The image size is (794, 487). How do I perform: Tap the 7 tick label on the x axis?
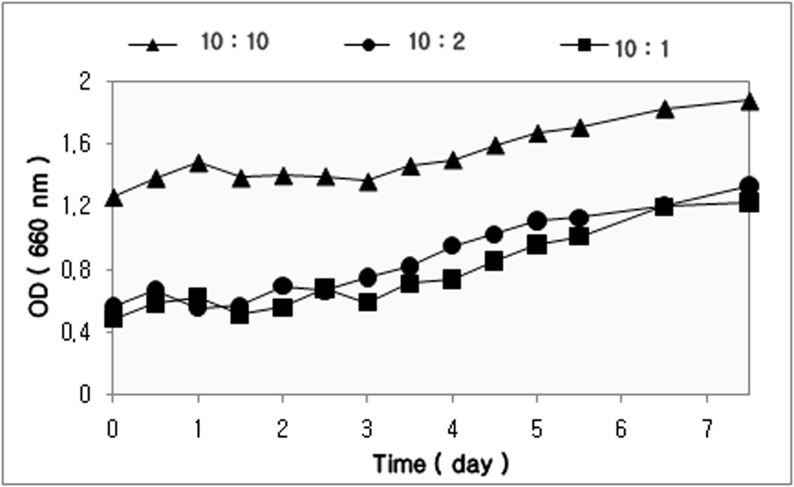tap(707, 429)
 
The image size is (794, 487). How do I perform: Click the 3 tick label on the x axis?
tap(367, 429)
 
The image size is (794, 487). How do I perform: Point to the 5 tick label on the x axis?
tap(537, 429)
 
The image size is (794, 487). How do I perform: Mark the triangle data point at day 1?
tap(198, 164)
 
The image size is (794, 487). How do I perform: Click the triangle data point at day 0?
tap(113, 198)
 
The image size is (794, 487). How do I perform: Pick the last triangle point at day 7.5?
tap(749, 101)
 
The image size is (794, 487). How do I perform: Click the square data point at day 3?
tap(367, 303)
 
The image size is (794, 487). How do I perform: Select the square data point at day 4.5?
tap(494, 261)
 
